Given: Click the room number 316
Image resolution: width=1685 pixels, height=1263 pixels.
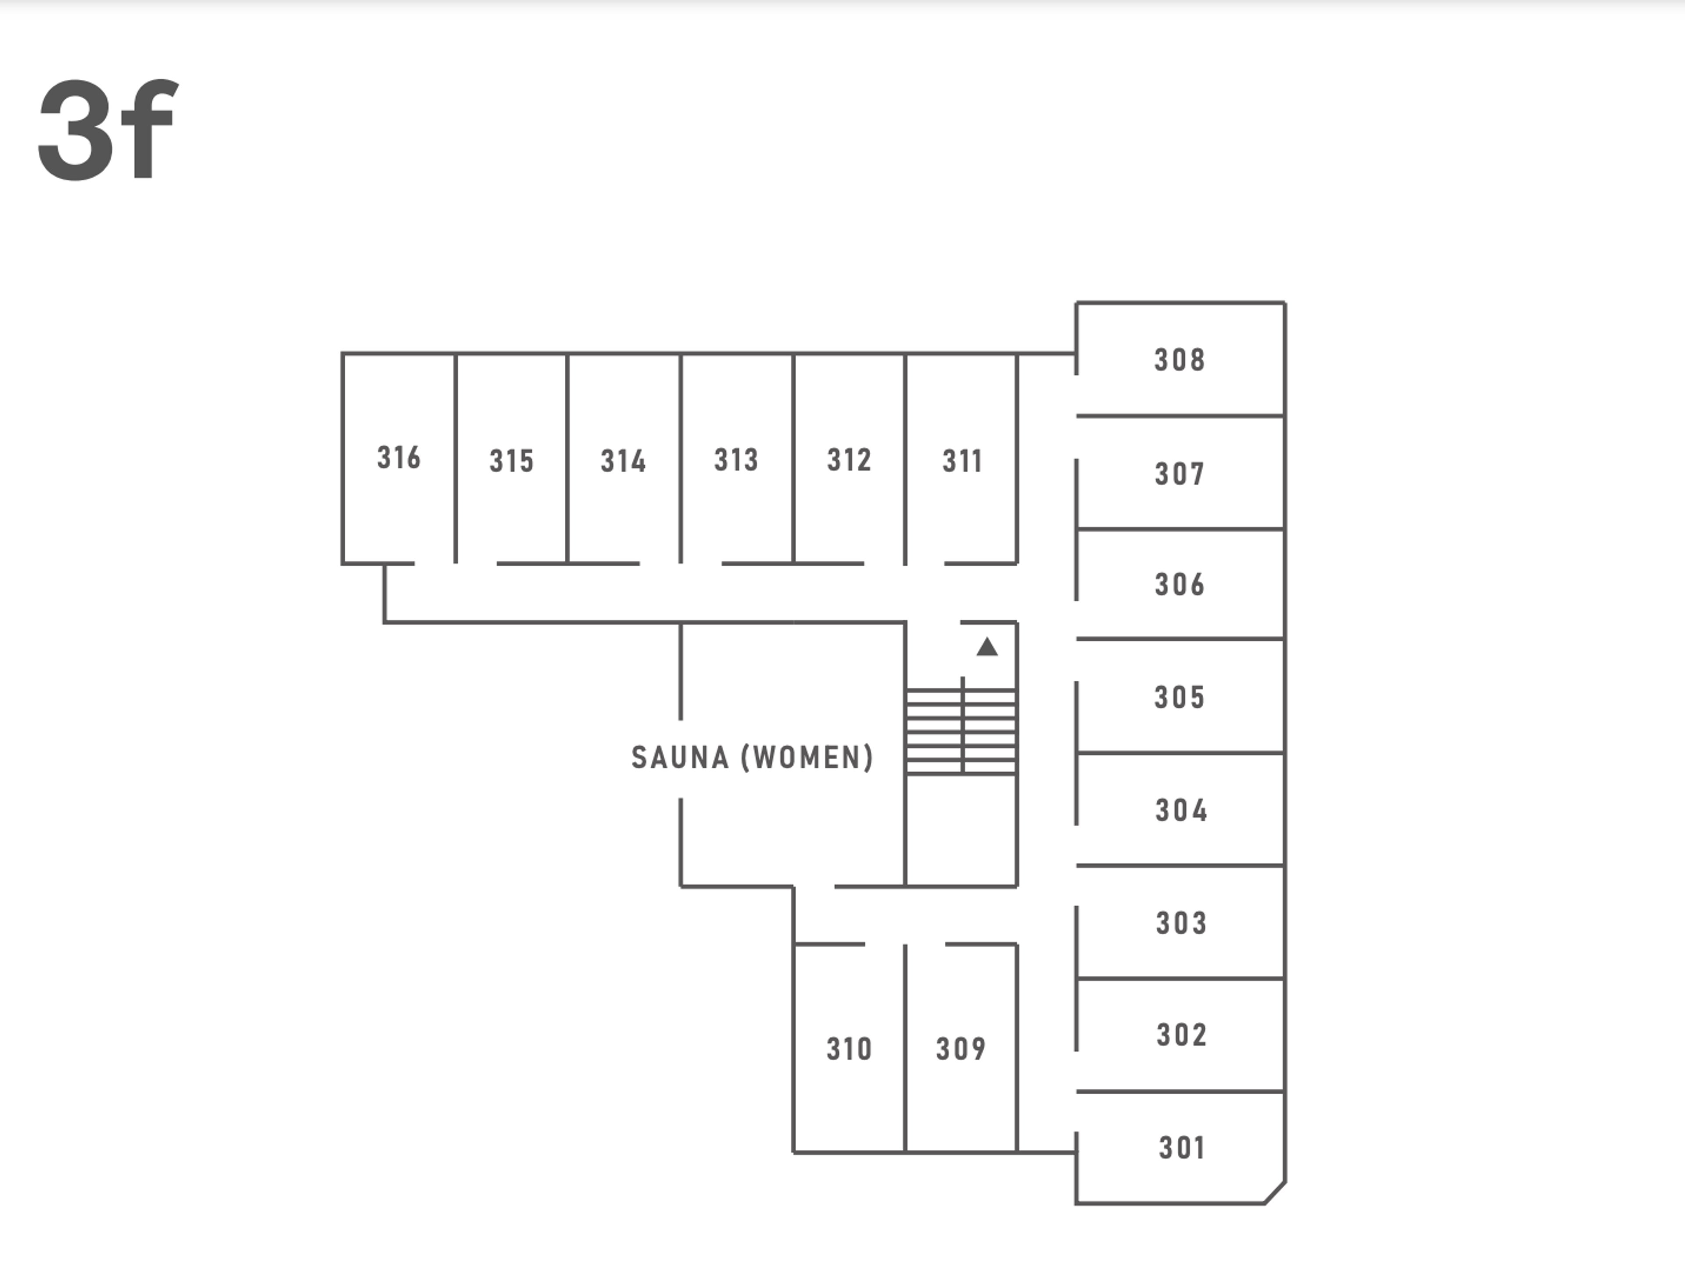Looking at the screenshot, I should click(x=398, y=457).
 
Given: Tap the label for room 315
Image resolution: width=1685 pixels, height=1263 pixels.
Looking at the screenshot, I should click(x=511, y=460).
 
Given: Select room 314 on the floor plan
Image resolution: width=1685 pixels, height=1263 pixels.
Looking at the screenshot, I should click(x=623, y=460).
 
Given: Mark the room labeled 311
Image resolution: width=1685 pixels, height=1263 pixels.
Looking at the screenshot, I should click(x=962, y=460).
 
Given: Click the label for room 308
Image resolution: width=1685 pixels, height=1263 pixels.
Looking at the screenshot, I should click(x=1179, y=359).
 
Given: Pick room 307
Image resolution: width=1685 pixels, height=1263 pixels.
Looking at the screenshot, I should click(x=1179, y=474).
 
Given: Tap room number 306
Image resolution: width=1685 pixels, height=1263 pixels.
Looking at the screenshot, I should click(x=1179, y=584).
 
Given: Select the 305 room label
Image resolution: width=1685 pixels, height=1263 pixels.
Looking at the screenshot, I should click(x=1179, y=696).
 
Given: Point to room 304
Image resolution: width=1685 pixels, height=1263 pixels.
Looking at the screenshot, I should click(x=1181, y=810).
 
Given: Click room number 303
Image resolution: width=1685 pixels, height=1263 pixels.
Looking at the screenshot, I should click(x=1181, y=923).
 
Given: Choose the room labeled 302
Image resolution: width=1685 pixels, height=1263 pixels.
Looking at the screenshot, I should click(x=1181, y=1035).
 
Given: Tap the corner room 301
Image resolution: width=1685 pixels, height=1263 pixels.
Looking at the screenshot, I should click(x=1182, y=1147).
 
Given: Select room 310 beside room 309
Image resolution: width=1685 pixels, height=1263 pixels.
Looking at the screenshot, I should click(x=849, y=1048).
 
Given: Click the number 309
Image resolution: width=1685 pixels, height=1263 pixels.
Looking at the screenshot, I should click(x=961, y=1048).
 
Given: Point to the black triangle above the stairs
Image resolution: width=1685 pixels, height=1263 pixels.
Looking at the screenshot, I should click(x=987, y=648).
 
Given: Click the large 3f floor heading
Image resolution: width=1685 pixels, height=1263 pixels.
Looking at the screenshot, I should click(x=108, y=129).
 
